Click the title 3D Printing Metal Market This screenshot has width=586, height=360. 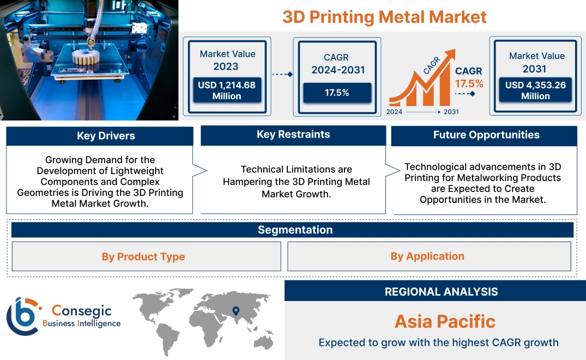point(384,16)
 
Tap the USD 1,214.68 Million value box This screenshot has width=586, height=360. point(227,91)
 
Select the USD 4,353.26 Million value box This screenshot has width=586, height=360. point(535,91)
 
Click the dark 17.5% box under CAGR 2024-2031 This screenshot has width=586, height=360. point(337,92)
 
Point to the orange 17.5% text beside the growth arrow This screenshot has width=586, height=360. point(469,83)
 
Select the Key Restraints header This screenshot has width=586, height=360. point(293,135)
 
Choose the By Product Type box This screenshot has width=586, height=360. point(143,256)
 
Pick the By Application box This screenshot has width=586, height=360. point(427,256)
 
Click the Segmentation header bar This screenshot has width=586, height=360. point(295,230)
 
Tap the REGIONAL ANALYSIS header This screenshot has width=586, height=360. point(441,292)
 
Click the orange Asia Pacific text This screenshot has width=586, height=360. point(445,321)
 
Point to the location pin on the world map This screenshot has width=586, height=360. point(235,311)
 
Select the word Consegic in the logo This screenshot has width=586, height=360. point(81,310)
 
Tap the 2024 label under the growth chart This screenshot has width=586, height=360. point(395,112)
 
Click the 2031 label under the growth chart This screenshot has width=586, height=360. point(451,112)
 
